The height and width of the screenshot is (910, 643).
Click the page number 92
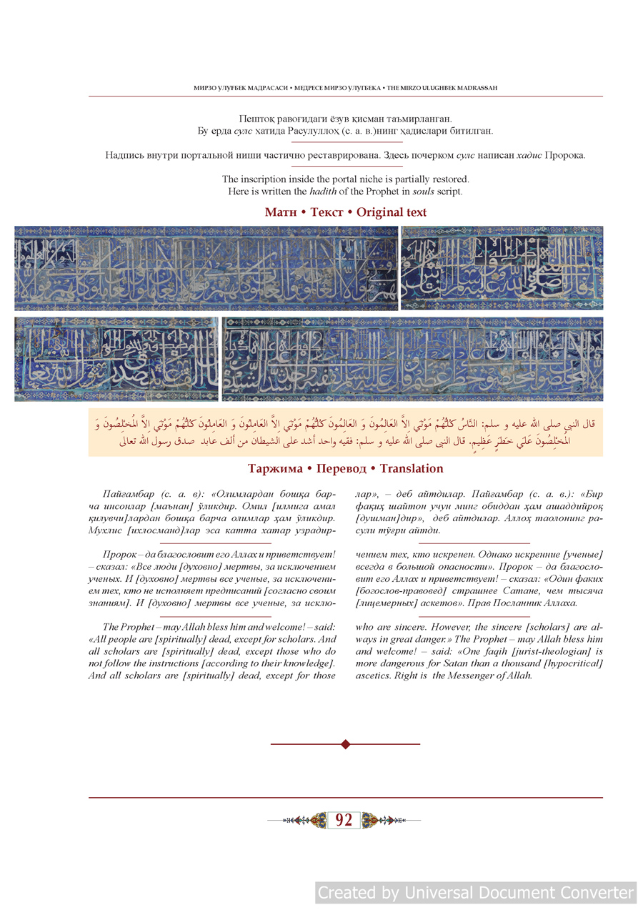[x=344, y=820]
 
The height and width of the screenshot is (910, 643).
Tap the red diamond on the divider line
[x=346, y=744]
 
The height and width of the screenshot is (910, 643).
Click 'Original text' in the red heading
[x=392, y=212]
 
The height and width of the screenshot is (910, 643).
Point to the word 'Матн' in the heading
[x=280, y=212]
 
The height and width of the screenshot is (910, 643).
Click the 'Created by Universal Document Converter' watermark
[x=476, y=892]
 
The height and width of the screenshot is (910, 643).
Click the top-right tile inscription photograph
[x=502, y=268]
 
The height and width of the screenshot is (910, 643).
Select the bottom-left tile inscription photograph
[x=116, y=359]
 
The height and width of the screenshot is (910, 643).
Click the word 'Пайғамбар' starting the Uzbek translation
[x=129, y=494]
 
